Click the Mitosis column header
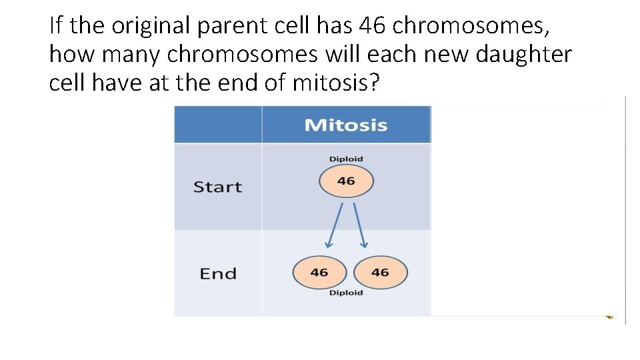pyautogui.click(x=346, y=125)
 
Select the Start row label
pyautogui.click(x=217, y=187)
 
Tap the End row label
pyautogui.click(x=218, y=273)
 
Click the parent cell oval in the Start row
pyautogui.click(x=346, y=181)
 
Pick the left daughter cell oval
pyautogui.click(x=319, y=272)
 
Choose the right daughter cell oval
pyautogui.click(x=380, y=272)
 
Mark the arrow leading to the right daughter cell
pyautogui.click(x=361, y=225)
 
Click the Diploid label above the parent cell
pyautogui.click(x=346, y=159)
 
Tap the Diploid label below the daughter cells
pyautogui.click(x=346, y=293)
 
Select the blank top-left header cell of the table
pyautogui.click(x=218, y=125)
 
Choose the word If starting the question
pyautogui.click(x=57, y=25)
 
